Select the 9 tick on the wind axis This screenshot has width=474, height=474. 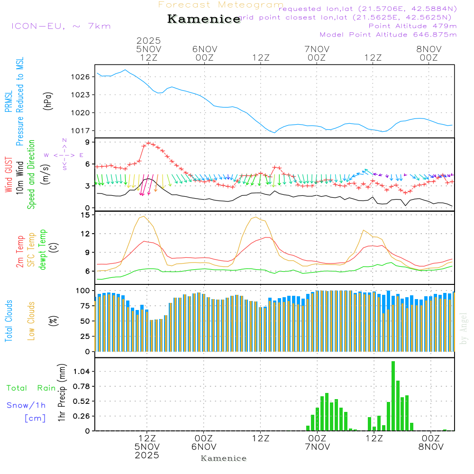pos(87,142)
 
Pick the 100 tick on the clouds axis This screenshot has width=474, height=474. pos(82,290)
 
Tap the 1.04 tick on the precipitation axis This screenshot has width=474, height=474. pos(81,371)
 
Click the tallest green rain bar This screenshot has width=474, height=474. pos(393,396)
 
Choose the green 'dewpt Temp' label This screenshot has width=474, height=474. pos(43,250)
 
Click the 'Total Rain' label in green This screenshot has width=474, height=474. pos(31,388)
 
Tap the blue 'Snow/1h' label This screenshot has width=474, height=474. pos(26,405)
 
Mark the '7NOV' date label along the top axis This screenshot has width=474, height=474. pos(317,48)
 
